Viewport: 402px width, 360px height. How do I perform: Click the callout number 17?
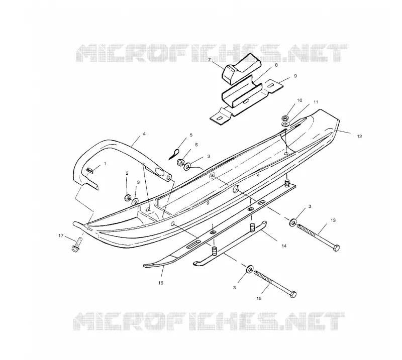(61, 235)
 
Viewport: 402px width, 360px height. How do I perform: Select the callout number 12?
(359, 137)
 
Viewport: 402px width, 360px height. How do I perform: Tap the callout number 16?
(161, 283)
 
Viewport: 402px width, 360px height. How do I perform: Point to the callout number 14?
(284, 246)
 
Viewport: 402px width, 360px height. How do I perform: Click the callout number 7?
(210, 60)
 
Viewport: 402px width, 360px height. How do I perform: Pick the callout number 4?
(144, 134)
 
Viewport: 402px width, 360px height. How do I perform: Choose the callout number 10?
(299, 100)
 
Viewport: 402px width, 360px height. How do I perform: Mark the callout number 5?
(191, 135)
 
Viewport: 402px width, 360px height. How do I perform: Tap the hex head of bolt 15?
(293, 294)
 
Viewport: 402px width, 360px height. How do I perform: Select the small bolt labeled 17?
(78, 244)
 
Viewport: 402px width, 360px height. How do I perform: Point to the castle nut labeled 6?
(180, 162)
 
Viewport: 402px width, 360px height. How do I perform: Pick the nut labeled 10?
(284, 118)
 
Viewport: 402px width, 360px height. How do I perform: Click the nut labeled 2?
(127, 197)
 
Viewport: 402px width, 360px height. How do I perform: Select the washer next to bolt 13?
(292, 222)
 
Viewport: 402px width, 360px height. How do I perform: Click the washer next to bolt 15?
(249, 269)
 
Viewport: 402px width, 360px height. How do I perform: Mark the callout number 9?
(295, 76)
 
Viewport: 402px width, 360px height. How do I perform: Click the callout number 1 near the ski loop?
(105, 163)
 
